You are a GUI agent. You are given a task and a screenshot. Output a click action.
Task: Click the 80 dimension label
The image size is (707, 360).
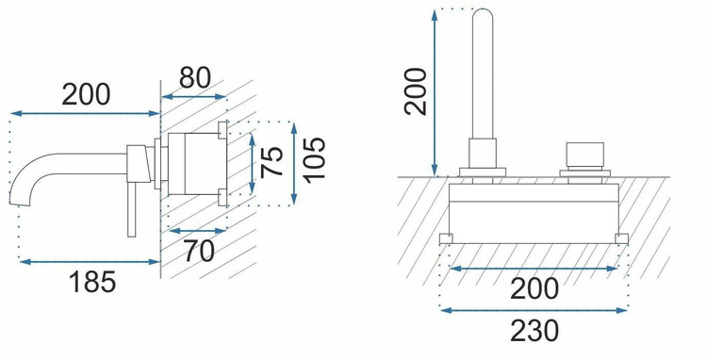pos(195,77)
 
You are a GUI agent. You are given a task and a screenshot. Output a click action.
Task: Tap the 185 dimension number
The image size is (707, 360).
pos(92,282)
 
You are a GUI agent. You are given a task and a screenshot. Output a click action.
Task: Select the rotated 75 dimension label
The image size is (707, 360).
pos(272,161)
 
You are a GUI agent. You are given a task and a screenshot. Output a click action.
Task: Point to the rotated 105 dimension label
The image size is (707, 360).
pos(314,160)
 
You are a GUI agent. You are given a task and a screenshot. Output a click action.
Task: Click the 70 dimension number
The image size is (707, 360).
pos(199,251)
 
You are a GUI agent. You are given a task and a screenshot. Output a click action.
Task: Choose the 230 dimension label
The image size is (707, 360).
pos(534,331)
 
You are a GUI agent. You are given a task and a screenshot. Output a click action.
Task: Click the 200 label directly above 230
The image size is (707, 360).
pos(534,288)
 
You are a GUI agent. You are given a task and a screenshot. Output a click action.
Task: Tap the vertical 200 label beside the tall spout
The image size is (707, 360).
pos(416,91)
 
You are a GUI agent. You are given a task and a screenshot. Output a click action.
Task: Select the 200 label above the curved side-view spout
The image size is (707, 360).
pos(86,94)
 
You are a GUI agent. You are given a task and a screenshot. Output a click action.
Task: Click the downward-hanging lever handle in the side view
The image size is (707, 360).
pos(132,209)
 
